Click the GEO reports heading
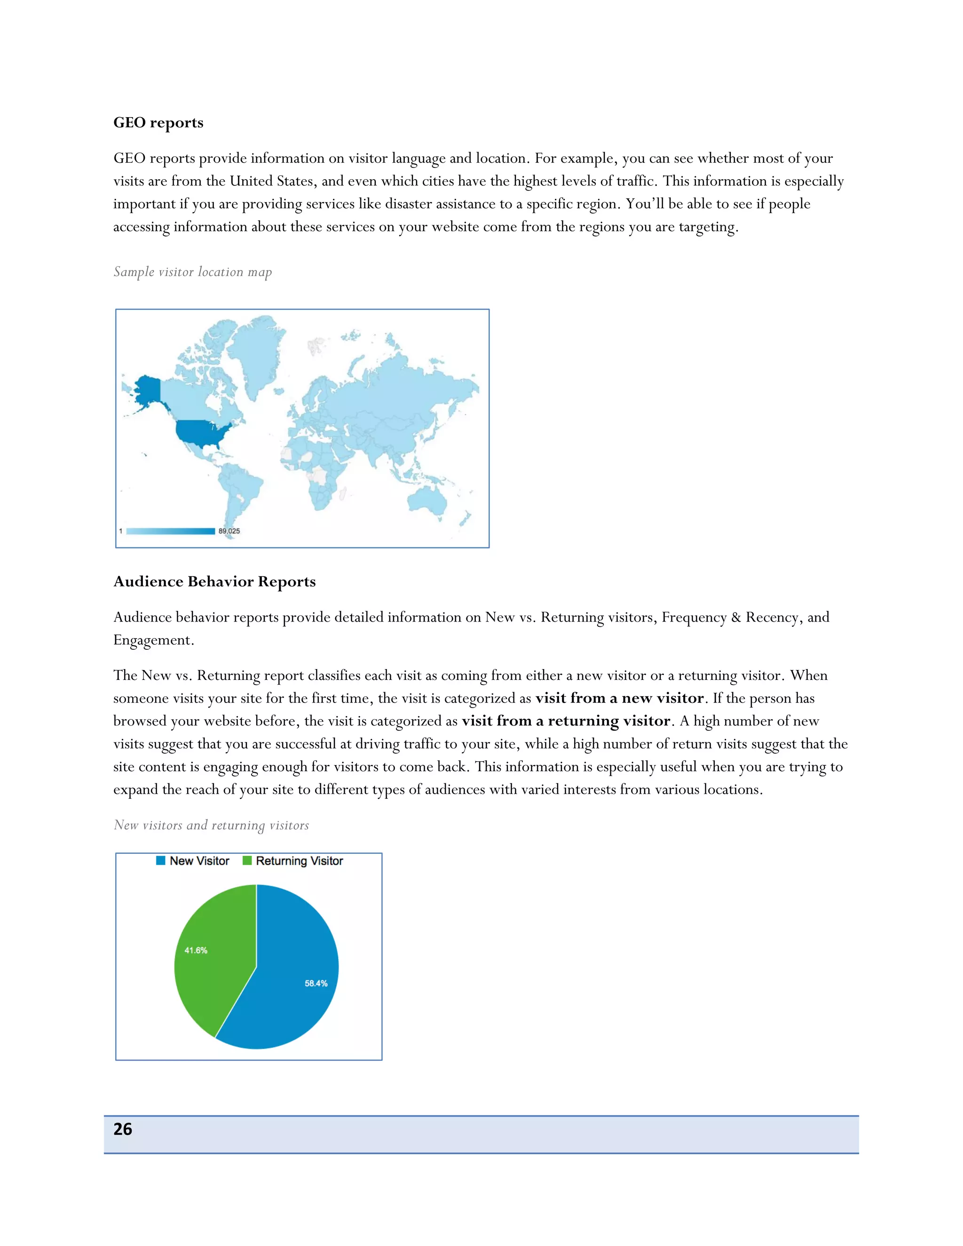[158, 123]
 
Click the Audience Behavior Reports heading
[214, 581]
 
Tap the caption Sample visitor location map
[192, 272]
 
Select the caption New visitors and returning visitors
[211, 825]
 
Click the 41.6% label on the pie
[196, 950]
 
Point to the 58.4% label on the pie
[316, 984]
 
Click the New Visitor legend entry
[193, 861]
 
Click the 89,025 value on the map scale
[229, 531]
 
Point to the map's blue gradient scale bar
[170, 531]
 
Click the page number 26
[123, 1129]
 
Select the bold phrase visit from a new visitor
[619, 698]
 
